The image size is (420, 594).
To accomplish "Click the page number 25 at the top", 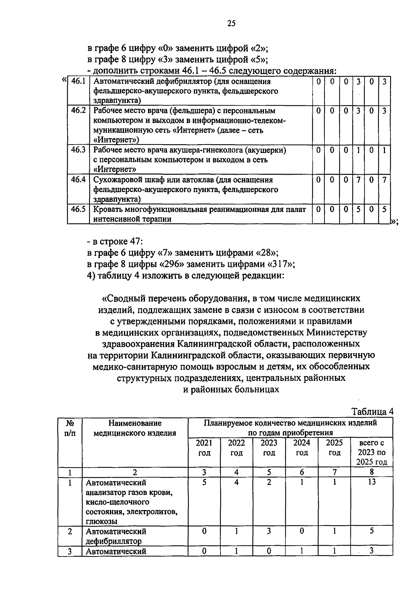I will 231,23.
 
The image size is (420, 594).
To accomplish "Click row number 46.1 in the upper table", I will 78,82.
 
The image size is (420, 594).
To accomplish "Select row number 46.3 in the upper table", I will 78,150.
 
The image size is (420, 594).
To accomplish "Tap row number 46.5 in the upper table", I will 78,210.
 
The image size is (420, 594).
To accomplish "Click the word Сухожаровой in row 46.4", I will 115,180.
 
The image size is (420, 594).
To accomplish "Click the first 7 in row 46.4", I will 358,180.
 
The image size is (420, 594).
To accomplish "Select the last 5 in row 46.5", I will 384,210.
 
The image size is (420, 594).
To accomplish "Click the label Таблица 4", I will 372,412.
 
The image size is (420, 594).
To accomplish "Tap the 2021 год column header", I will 204,448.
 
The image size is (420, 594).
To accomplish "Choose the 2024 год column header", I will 302,448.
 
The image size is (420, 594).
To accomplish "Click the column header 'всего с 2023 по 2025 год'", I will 372,452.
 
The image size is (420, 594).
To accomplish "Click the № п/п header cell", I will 70,428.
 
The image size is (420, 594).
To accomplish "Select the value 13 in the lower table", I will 372,482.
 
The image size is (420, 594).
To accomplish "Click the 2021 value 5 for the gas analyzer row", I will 204,482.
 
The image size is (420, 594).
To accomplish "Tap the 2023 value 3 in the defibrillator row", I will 269,531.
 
